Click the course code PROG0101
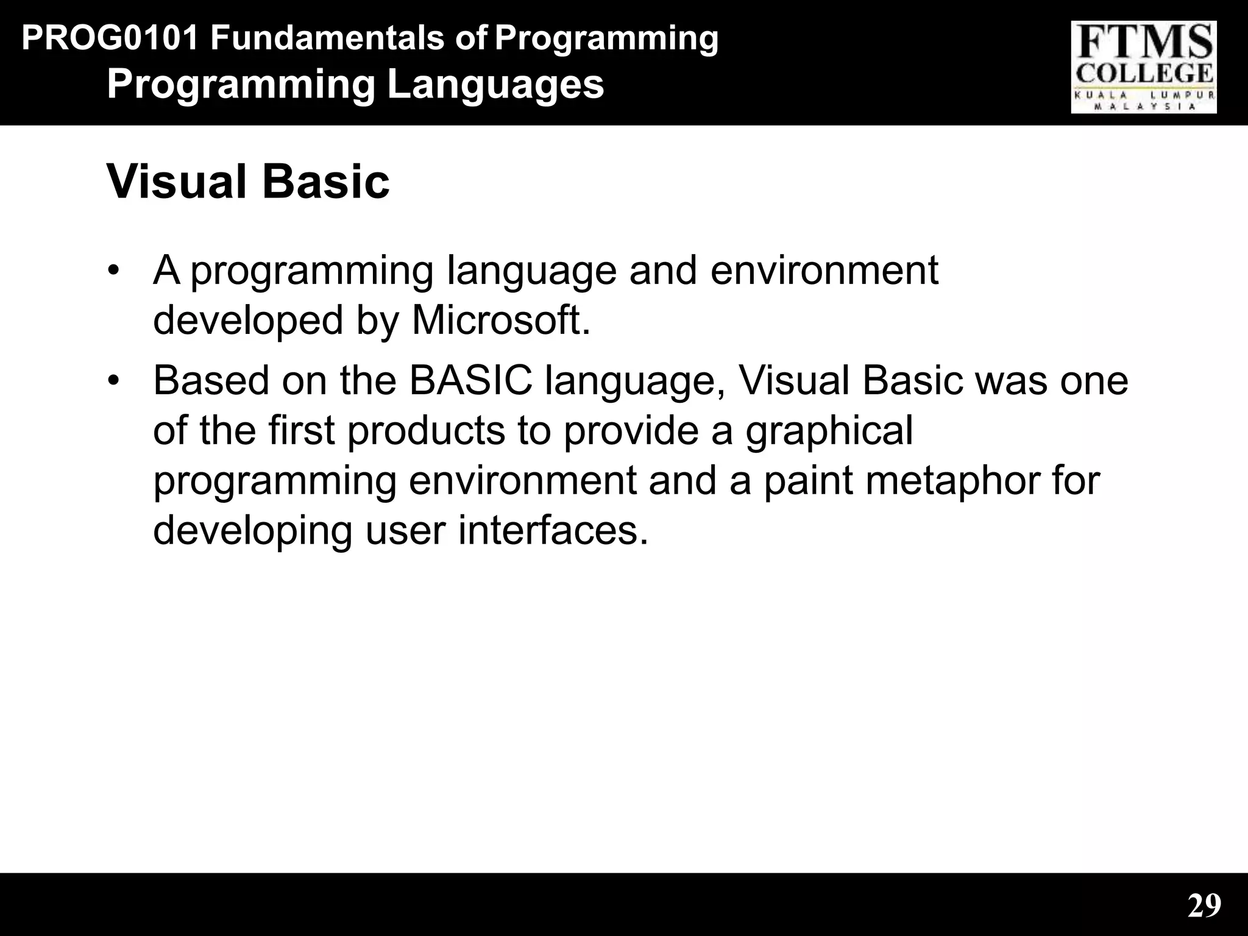(x=110, y=38)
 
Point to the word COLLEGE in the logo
(x=1144, y=74)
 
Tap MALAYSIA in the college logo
(x=1144, y=106)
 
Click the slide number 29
(x=1204, y=906)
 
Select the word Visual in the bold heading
(x=177, y=182)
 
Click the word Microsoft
(x=501, y=321)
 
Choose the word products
(x=426, y=430)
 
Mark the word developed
(x=248, y=321)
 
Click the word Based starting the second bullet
(x=211, y=380)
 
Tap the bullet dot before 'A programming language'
(x=112, y=270)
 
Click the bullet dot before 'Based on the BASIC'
(x=112, y=380)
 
